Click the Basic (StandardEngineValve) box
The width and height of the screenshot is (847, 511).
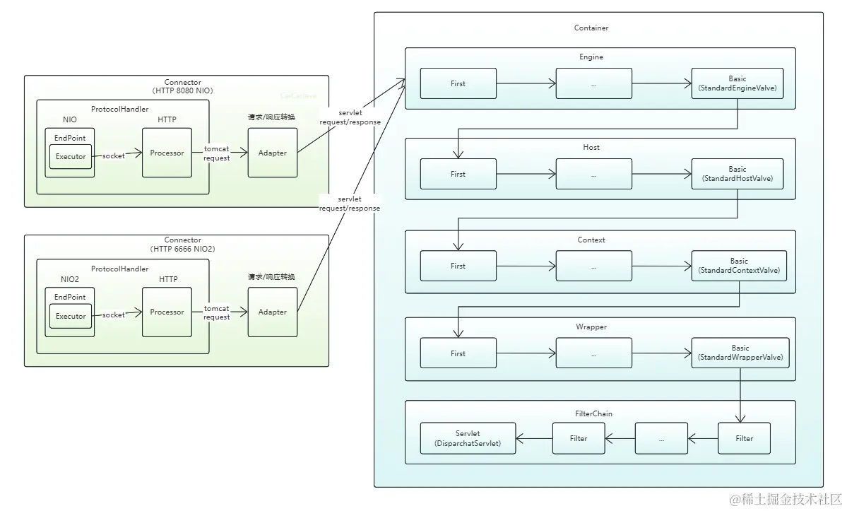[738, 83]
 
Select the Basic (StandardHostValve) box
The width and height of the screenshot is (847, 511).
[738, 174]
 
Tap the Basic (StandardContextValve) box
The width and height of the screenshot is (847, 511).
[739, 266]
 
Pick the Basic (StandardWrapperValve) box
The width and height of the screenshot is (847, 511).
[740, 353]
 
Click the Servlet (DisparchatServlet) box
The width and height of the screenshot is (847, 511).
[468, 438]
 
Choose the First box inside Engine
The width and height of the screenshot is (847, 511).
[458, 83]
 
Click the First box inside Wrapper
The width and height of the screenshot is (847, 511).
[458, 353]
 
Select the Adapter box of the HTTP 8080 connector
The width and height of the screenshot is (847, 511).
[272, 153]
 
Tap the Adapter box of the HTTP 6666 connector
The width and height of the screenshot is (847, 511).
[272, 312]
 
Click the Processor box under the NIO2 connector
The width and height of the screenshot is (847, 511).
[167, 312]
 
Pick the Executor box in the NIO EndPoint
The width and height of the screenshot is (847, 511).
[71, 157]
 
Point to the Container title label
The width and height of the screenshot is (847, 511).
[591, 28]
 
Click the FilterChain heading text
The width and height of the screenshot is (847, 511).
[593, 413]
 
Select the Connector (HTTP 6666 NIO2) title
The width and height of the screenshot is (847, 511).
[182, 244]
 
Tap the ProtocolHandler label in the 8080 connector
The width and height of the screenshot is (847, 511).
[119, 109]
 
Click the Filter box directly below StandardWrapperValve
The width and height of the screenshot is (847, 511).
[744, 438]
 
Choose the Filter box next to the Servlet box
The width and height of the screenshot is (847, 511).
[579, 438]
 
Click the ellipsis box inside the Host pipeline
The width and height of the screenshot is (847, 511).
[593, 174]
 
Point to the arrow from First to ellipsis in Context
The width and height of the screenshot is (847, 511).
[526, 266]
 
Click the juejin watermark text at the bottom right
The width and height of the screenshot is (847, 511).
[786, 499]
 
